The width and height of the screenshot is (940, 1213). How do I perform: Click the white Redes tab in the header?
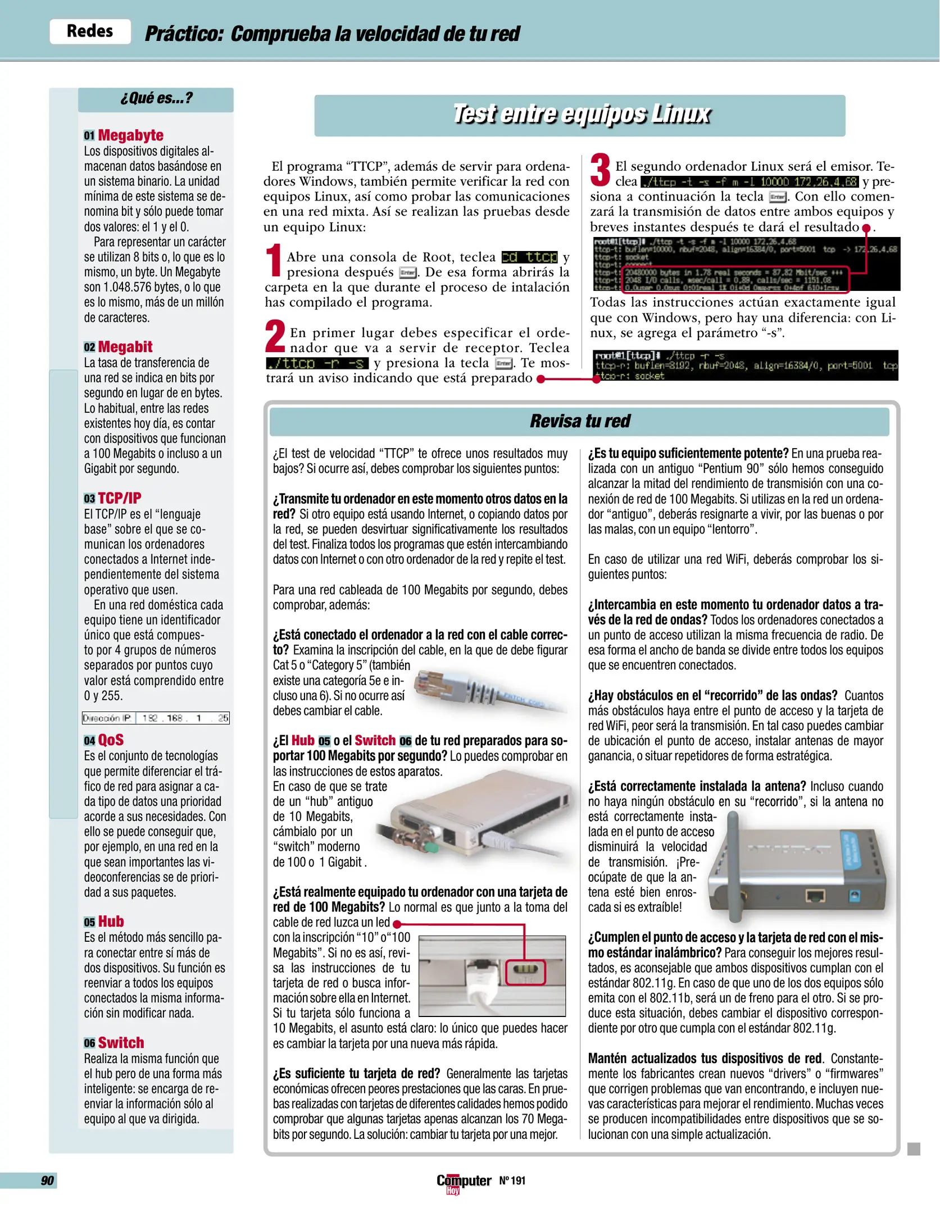point(90,31)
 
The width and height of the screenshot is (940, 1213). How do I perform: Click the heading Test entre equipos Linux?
point(581,114)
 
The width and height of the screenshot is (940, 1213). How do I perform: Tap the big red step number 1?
point(274,260)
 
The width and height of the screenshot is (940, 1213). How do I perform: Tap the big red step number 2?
point(275,336)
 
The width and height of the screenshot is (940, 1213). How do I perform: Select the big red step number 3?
point(600,170)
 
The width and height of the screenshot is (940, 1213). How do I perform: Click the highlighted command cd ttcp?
point(529,257)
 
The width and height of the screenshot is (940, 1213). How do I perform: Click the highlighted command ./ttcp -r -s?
point(317,363)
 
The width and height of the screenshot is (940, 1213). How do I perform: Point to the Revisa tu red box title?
point(579,421)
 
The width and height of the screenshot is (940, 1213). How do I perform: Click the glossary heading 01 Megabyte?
point(124,135)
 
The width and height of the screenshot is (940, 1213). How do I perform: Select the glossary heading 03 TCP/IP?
point(113,498)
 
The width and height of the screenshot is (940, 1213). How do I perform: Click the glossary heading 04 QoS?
point(105,740)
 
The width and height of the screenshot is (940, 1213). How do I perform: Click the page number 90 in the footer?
point(47,1180)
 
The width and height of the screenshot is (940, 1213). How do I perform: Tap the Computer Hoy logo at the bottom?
point(463,1182)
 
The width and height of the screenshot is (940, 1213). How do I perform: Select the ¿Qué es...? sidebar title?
point(156,98)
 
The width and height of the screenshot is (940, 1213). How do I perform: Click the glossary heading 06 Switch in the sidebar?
point(114,1043)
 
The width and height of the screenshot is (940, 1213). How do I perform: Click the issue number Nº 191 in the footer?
point(512,1180)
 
